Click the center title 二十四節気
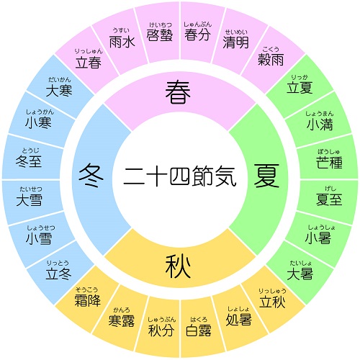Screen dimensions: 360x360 pyautogui.click(x=180, y=176)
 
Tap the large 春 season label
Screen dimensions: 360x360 pyautogui.click(x=178, y=92)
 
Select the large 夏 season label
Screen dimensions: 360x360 pyautogui.click(x=266, y=176)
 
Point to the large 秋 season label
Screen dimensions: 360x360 pyautogui.click(x=178, y=266)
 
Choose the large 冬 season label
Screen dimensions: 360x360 pyautogui.click(x=91, y=176)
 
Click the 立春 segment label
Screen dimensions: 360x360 pyautogui.click(x=89, y=63)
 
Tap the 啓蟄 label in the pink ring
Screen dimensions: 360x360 pyautogui.click(x=160, y=35)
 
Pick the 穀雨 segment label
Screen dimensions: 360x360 pyautogui.click(x=271, y=59)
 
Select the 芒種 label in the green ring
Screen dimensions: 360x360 pyautogui.click(x=329, y=162)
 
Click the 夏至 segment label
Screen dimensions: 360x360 pyautogui.click(x=329, y=199)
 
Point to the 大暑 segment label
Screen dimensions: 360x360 pyautogui.click(x=300, y=274)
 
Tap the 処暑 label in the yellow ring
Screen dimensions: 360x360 pyautogui.click(x=238, y=320)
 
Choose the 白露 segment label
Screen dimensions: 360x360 pyautogui.click(x=199, y=330)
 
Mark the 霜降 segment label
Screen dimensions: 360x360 pyautogui.click(x=87, y=300)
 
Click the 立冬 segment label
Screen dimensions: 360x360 pyautogui.click(x=58, y=274)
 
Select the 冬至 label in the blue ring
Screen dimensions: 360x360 pyautogui.click(x=29, y=161)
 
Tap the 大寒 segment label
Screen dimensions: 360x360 pyautogui.click(x=59, y=91)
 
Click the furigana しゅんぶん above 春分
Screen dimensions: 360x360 pyautogui.click(x=198, y=24)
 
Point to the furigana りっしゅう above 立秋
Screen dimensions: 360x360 pyautogui.click(x=272, y=291)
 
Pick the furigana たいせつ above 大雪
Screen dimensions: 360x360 pyautogui.click(x=31, y=189)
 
